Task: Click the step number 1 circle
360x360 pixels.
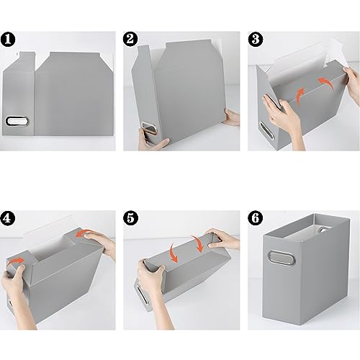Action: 9,37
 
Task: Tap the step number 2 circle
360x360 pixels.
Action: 131,37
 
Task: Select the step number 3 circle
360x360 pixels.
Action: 253,37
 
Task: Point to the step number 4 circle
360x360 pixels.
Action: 9,217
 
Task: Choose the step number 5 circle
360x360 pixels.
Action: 131,217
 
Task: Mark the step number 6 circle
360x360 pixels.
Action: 253,217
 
